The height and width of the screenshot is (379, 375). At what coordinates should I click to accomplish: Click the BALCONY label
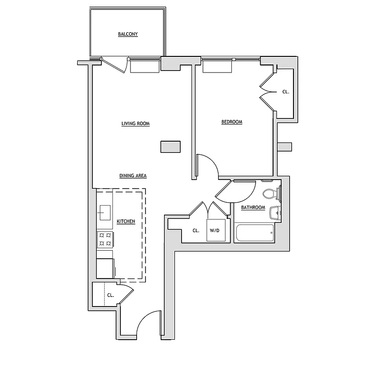(128, 35)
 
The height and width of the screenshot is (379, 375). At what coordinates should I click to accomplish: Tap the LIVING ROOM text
(135, 124)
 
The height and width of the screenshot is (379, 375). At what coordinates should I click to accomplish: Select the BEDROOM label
(232, 122)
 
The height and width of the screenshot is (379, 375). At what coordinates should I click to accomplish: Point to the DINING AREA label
(133, 176)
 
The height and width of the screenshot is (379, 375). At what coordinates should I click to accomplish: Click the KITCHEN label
(126, 221)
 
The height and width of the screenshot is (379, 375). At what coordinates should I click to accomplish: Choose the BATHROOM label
(253, 208)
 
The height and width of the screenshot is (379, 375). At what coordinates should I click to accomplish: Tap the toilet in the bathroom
(270, 194)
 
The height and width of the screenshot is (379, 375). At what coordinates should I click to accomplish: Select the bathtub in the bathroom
(255, 233)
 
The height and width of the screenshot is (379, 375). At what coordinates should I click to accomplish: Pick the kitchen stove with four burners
(105, 240)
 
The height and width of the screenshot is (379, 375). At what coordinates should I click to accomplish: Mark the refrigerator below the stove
(105, 268)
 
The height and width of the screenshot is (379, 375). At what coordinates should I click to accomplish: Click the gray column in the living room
(170, 147)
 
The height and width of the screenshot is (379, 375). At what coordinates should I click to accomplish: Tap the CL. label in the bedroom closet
(285, 92)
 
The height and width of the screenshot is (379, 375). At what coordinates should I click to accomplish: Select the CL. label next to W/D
(196, 231)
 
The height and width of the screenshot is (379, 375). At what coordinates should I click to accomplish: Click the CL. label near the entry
(110, 295)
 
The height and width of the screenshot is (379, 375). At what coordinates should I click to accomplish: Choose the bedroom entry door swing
(207, 165)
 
